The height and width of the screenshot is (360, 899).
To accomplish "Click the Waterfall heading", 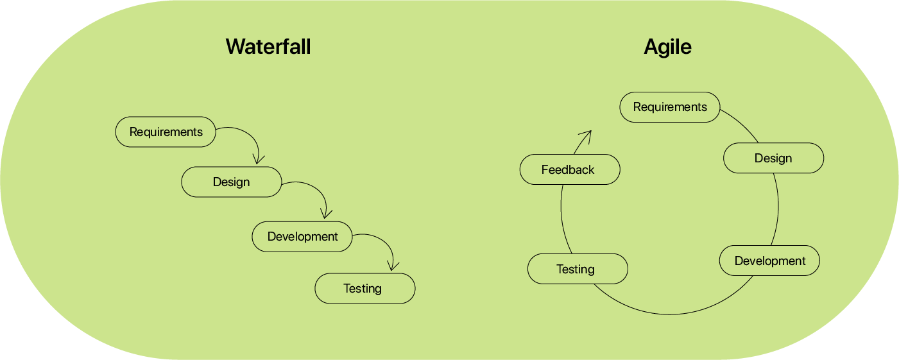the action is coord(268,47).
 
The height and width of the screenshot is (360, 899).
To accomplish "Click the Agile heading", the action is coord(668,47).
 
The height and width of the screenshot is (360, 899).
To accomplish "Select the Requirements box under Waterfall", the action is coord(166,132).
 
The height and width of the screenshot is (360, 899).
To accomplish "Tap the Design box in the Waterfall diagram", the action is coord(232,182).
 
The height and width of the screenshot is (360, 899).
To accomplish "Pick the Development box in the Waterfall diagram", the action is coord(302,237).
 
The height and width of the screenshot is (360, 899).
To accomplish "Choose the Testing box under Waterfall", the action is coord(365,289).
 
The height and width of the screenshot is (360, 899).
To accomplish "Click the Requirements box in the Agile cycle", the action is coord(670,107).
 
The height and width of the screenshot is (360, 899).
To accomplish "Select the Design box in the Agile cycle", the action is coord(773,158).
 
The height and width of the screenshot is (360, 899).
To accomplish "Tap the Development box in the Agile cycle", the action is coord(769,261).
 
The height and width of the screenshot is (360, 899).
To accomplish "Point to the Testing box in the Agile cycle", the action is coord(578,269).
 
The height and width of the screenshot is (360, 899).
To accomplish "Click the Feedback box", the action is coord(570,170).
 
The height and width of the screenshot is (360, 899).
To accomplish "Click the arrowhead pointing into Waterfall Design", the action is coord(258,160).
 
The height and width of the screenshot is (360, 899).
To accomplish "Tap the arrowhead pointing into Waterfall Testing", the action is coord(393,266).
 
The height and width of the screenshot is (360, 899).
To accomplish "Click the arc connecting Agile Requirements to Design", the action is coord(742,124).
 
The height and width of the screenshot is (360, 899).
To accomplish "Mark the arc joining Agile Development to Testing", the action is coord(670,314).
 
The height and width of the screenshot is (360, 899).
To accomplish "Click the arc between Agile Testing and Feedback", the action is coord(561,219).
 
